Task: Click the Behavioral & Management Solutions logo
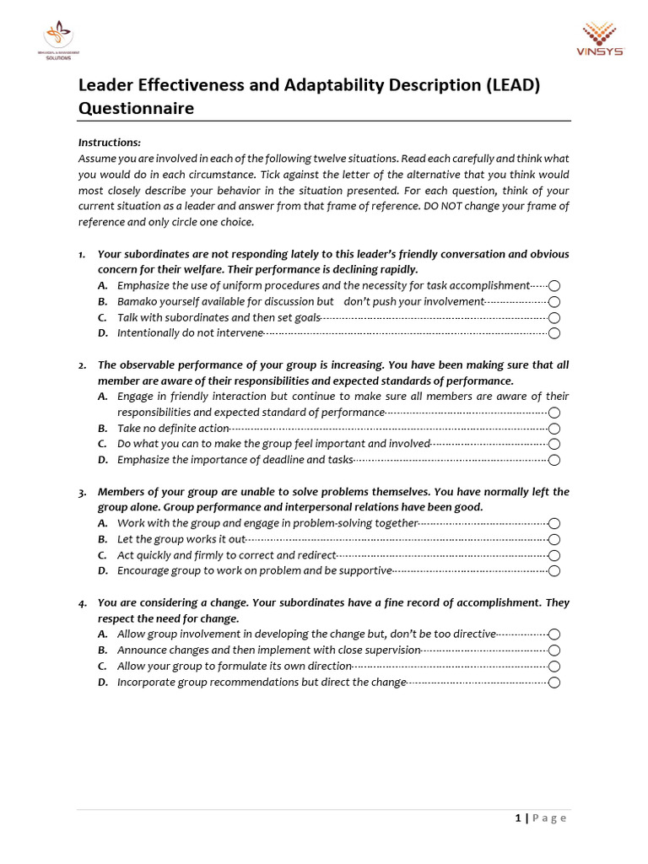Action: (59, 40)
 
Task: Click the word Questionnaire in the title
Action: (136, 108)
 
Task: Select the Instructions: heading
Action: (110, 143)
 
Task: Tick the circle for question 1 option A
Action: (554, 286)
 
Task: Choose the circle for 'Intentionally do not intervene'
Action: (554, 333)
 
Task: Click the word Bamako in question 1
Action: (138, 301)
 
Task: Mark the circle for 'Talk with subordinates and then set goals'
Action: (554, 318)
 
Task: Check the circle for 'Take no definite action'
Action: (554, 429)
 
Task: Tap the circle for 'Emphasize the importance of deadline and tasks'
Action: (554, 460)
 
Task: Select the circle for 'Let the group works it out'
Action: (554, 539)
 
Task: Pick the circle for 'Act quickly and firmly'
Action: (554, 555)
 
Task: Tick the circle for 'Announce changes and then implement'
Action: (554, 651)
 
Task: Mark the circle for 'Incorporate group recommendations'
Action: (554, 683)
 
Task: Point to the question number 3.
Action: (82, 492)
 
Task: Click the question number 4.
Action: (82, 603)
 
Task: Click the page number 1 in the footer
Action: (517, 818)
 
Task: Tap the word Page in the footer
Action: (549, 818)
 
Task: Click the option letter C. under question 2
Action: (102, 444)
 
